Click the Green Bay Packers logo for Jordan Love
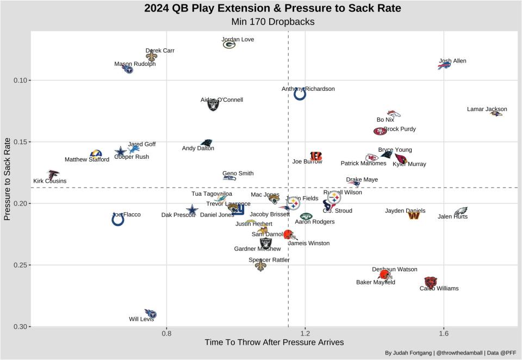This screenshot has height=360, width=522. pyautogui.click(x=229, y=45)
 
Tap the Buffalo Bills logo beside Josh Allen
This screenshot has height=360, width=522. pyautogui.click(x=444, y=66)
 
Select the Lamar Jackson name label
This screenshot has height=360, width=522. pyautogui.click(x=487, y=109)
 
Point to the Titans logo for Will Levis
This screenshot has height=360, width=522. pyautogui.click(x=151, y=314)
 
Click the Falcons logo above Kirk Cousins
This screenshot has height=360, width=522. pyautogui.click(x=53, y=175)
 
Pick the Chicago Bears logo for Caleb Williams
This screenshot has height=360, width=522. pyautogui.click(x=430, y=282)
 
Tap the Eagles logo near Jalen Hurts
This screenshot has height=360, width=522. pyautogui.click(x=461, y=211)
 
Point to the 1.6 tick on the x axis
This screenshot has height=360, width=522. pyautogui.click(x=444, y=332)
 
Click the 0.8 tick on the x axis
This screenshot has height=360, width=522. pyautogui.click(x=167, y=332)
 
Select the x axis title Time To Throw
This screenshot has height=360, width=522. pyautogui.click(x=274, y=343)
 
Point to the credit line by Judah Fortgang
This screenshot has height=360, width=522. pyautogui.click(x=451, y=353)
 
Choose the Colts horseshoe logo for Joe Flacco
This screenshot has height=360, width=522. pyautogui.click(x=118, y=219)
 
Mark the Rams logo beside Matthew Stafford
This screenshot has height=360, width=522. pyautogui.click(x=96, y=154)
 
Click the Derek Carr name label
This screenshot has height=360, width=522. pyautogui.click(x=160, y=51)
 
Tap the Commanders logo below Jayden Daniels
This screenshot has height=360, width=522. pyautogui.click(x=414, y=216)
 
